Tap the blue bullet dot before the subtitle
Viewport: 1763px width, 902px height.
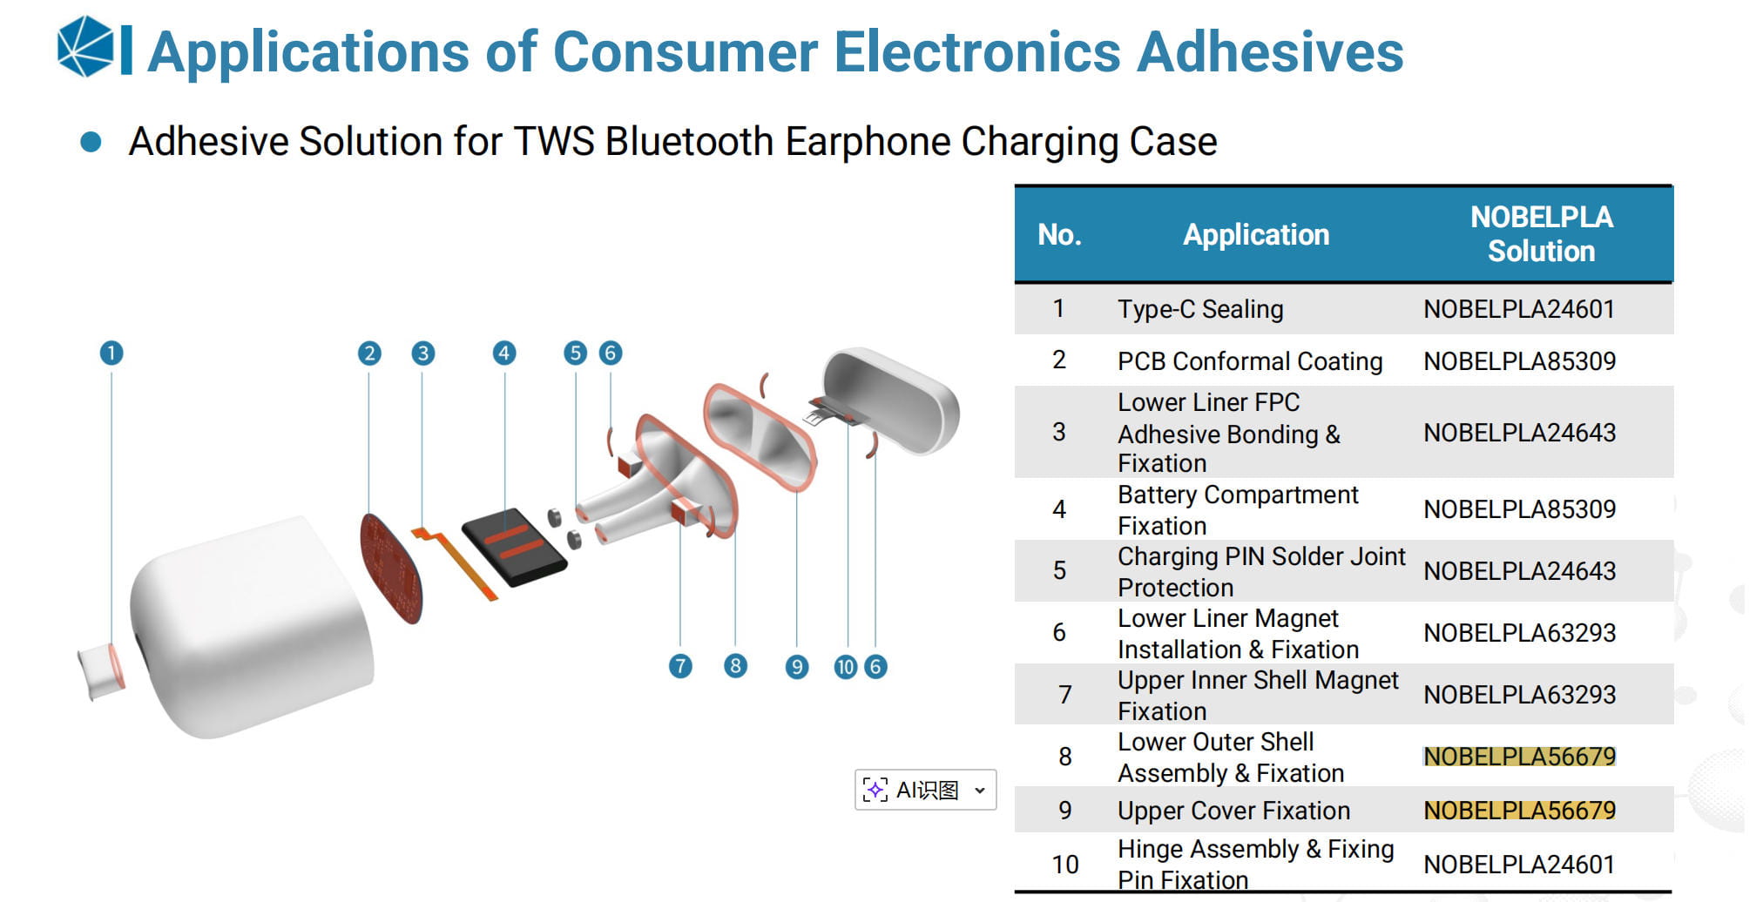point(91,142)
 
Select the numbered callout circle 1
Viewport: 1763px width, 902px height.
point(111,353)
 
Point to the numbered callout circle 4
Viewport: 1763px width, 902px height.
point(504,353)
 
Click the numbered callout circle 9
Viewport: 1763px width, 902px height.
point(797,667)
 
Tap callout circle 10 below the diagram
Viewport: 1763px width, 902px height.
point(846,667)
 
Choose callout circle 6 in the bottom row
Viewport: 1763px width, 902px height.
point(876,667)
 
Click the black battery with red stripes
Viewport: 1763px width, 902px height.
point(514,547)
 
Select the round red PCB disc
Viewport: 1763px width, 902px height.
point(391,569)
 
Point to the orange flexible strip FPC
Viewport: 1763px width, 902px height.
point(455,562)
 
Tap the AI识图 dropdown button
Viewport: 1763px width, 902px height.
point(925,790)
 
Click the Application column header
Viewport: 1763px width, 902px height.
point(1256,234)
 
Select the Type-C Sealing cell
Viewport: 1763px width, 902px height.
point(1200,309)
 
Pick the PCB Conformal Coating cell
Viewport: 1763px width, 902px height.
point(1250,361)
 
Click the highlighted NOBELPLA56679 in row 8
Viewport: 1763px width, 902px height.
point(1520,757)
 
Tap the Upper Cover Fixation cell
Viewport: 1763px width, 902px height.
point(1233,811)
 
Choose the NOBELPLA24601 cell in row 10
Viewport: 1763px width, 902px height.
point(1520,865)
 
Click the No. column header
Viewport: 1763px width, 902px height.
point(1059,234)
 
